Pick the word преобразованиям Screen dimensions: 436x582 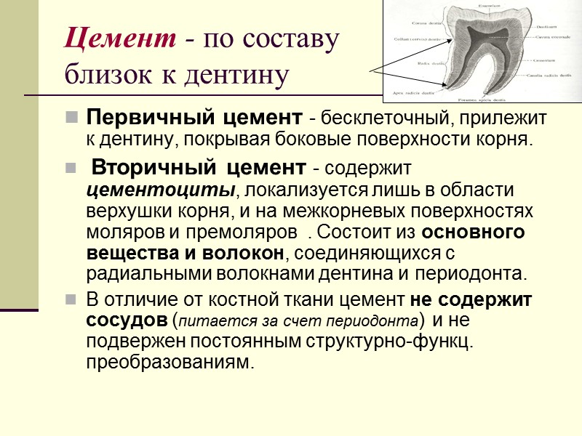point(170,362)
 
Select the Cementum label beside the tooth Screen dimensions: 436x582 point(544,60)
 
